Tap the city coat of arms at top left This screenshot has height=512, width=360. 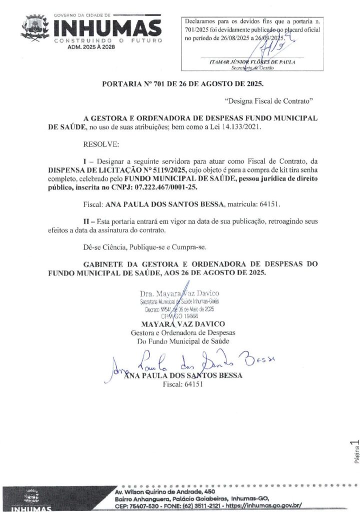34,27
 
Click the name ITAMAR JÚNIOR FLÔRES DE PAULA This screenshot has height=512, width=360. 252,62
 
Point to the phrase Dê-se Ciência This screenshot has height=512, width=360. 105,246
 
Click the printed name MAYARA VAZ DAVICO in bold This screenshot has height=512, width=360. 183,324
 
